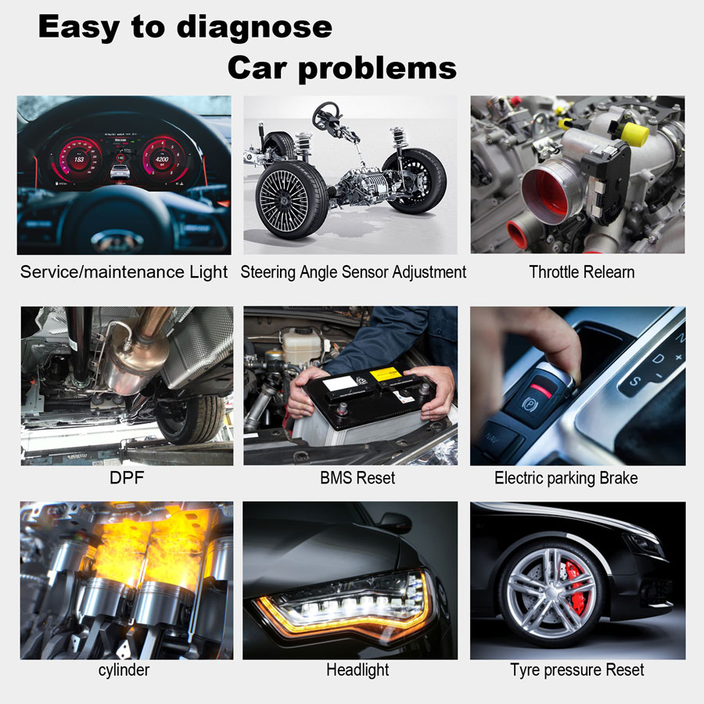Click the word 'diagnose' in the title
(x=254, y=28)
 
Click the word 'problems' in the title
(x=377, y=69)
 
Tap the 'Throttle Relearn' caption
(x=581, y=272)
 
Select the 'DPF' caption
(x=127, y=477)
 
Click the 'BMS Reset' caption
(x=357, y=478)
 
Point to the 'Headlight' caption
(x=357, y=670)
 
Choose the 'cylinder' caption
(x=124, y=670)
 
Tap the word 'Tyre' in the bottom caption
(x=525, y=670)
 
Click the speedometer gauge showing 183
(x=79, y=159)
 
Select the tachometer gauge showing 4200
(x=162, y=159)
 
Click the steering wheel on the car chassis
(x=326, y=116)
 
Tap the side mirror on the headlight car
(x=395, y=523)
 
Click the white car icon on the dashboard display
(x=120, y=171)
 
